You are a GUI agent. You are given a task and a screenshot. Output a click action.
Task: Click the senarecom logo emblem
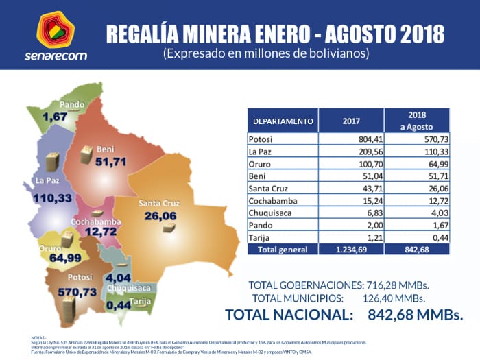(x=56, y=29)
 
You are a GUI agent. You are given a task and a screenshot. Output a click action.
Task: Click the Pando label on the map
(x=72, y=105)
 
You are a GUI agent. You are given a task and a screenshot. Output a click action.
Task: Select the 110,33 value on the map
(x=57, y=197)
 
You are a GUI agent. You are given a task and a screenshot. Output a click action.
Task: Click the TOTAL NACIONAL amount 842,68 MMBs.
(x=416, y=315)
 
